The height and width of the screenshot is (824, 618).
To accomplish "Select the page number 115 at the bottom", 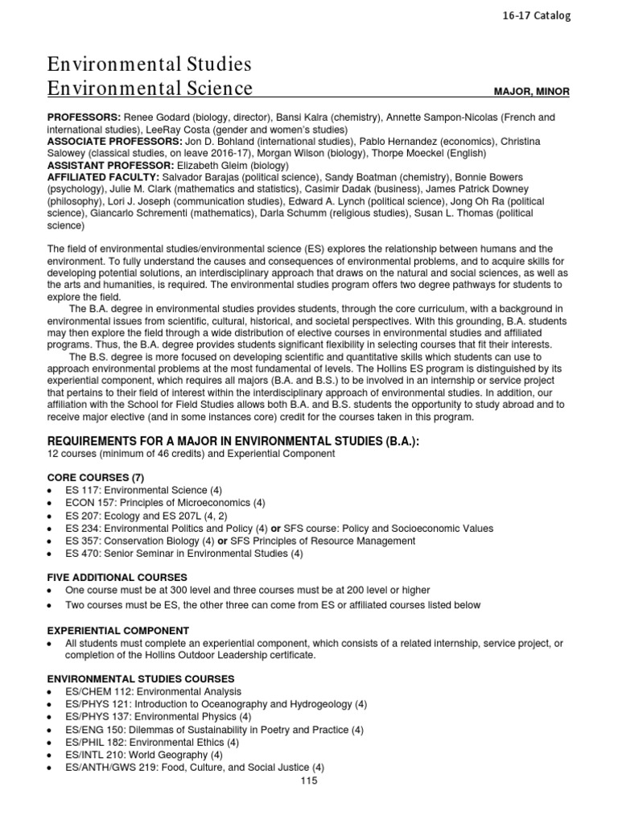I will click(x=308, y=781).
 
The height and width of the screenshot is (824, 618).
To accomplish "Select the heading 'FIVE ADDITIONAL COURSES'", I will click(x=117, y=577).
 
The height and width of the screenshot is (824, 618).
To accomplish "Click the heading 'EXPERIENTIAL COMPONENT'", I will click(x=118, y=631).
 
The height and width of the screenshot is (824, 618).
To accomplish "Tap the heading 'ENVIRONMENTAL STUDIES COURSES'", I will click(x=141, y=679).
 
